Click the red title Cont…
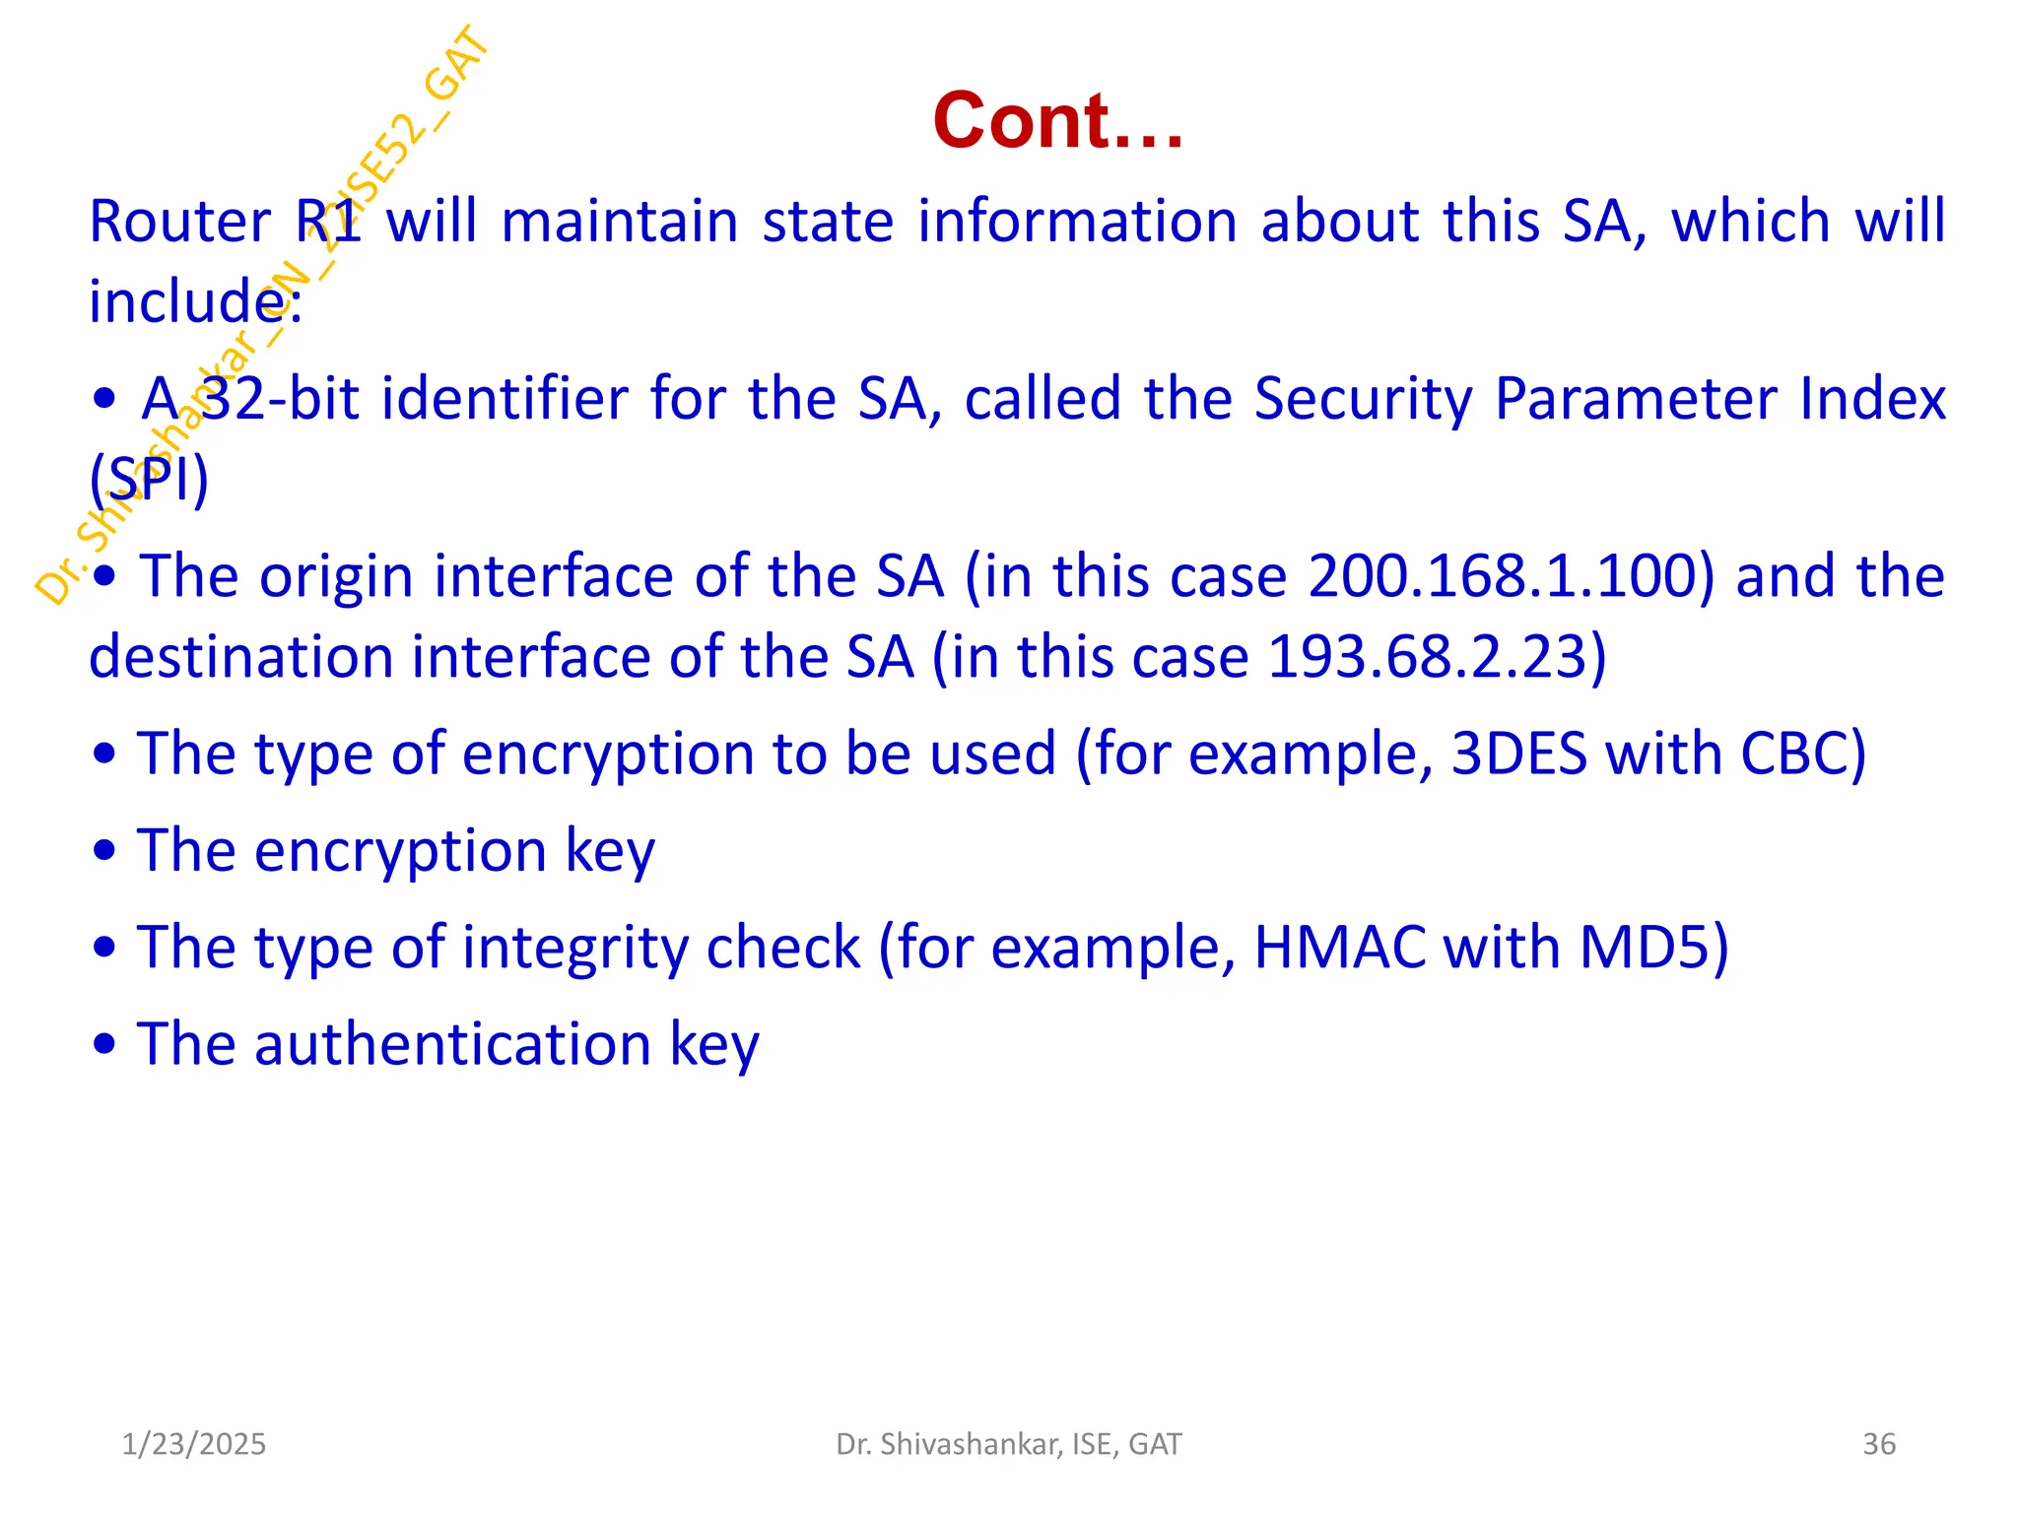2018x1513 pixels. coord(1057,120)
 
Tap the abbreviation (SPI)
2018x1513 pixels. coord(149,480)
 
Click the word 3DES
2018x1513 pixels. coord(1518,754)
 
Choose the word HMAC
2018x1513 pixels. coord(1339,948)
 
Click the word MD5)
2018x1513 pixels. coord(1653,948)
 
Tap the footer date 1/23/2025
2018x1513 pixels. coord(193,1444)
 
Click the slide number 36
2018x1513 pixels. coord(1878,1444)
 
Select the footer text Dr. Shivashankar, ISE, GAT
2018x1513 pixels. coord(1008,1444)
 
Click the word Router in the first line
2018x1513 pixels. coord(179,221)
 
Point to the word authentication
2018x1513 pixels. coord(452,1044)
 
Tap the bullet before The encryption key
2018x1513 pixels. coord(104,852)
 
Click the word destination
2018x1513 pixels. coord(240,657)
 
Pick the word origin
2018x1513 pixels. coord(335,578)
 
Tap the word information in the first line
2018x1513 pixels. coord(1077,221)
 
